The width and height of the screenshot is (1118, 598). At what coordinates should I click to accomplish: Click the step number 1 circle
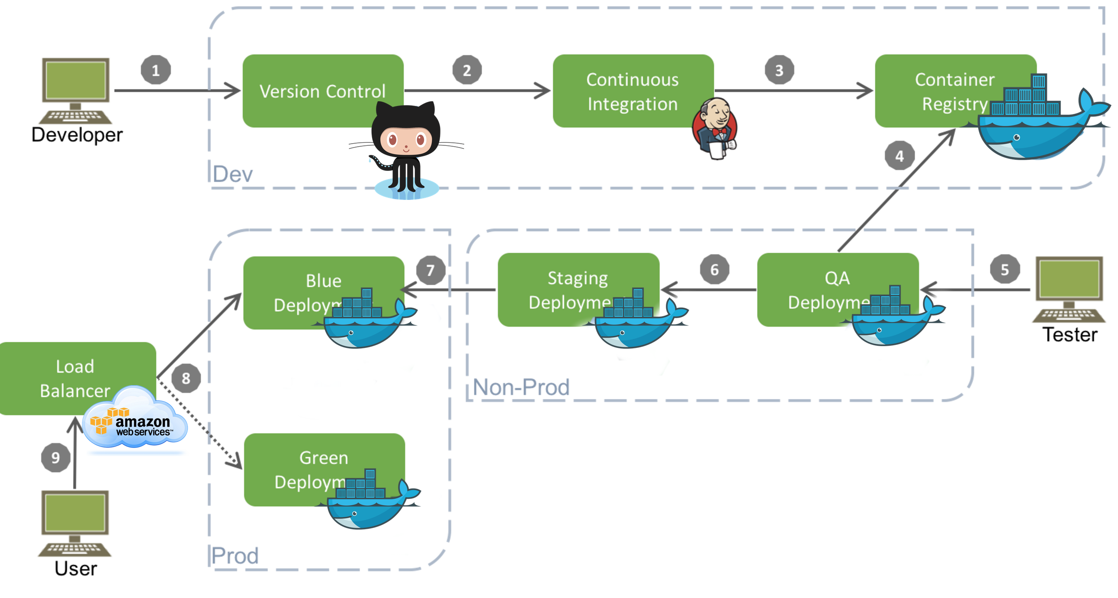pos(156,70)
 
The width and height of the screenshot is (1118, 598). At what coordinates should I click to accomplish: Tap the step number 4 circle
pos(899,155)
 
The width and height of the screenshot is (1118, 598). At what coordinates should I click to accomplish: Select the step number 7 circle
pos(430,270)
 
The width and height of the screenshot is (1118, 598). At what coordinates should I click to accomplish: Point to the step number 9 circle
pos(55,457)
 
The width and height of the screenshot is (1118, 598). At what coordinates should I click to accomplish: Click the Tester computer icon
pos(1069,289)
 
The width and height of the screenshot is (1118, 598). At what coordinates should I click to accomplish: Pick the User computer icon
pos(75,523)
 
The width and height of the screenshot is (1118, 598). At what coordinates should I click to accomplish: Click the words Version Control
pos(322,92)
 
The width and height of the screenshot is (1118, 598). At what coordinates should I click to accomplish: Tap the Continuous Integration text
pos(633,92)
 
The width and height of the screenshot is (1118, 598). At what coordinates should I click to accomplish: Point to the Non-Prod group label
pos(521,387)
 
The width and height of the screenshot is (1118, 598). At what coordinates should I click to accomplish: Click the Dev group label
pos(233,174)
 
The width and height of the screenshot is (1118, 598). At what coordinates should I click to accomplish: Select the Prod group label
pos(235,556)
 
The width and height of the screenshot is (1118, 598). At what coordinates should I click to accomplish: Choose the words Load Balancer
pos(75,379)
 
